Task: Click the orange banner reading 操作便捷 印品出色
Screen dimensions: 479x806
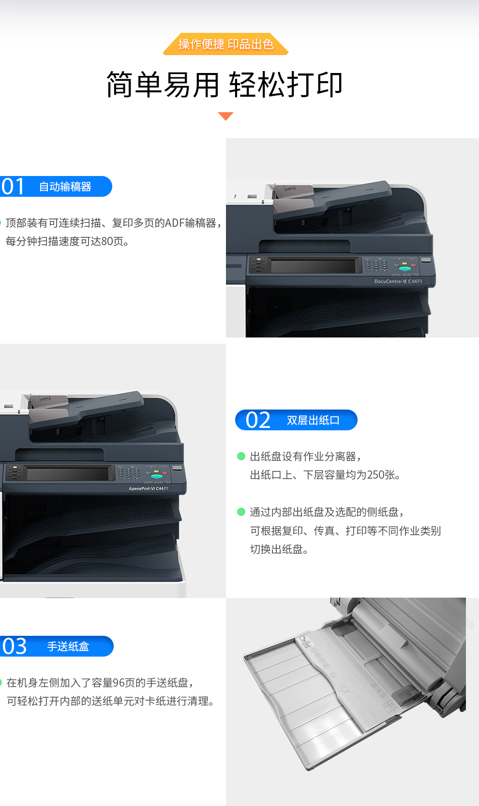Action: coord(225,44)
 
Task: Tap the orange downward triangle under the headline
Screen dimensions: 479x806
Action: coord(226,116)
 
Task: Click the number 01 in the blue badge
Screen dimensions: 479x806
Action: coord(13,186)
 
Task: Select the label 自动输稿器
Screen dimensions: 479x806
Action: coord(65,187)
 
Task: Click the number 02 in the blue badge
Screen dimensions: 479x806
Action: coord(258,420)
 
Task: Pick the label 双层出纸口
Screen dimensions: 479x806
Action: coord(313,420)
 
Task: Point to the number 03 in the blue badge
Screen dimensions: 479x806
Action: coord(15,646)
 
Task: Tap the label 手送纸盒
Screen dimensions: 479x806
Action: coord(68,646)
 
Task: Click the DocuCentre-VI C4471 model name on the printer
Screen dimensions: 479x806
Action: coord(398,281)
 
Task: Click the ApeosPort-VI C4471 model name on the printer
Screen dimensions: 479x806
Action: coord(149,488)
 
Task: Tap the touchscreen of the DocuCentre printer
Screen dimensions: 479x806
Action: coord(313,266)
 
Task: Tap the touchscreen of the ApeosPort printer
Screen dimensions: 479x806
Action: coord(68,473)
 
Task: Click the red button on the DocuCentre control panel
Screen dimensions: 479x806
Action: coord(413,265)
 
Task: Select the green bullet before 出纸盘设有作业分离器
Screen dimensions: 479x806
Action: coord(241,456)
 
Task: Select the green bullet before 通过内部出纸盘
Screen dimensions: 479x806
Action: coord(241,512)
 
